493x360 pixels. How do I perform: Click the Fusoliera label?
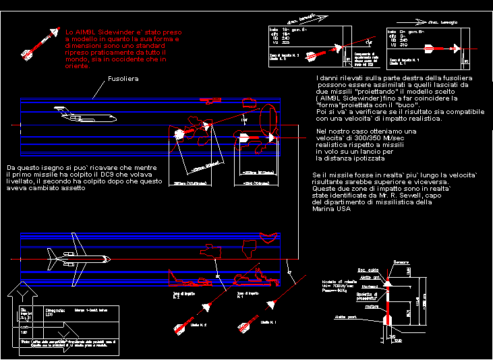click(123, 79)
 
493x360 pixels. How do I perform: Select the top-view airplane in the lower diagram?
click(76, 259)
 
